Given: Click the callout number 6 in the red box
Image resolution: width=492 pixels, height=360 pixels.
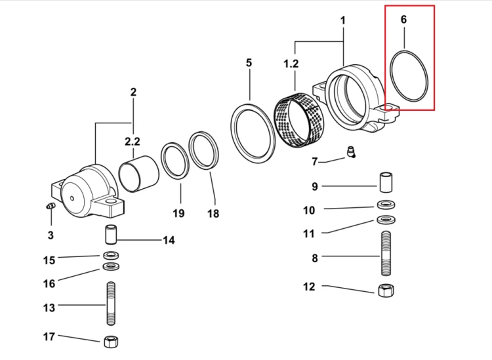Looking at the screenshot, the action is [403, 20].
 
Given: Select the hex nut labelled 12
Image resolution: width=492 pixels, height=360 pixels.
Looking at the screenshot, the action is [386, 290].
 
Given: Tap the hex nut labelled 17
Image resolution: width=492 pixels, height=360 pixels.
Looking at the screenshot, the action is [111, 341].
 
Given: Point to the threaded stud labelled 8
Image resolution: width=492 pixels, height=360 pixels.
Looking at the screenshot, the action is [386, 253].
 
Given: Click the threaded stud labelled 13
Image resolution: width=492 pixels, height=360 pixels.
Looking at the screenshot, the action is [111, 304].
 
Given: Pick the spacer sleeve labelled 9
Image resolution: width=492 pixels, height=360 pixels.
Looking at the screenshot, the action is [386, 182].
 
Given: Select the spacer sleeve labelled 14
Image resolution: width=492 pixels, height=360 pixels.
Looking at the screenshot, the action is [111, 234].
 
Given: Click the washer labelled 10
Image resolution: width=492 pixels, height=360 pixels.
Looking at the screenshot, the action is [386, 205].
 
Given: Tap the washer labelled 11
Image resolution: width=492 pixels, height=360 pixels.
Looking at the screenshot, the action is [386, 220].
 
